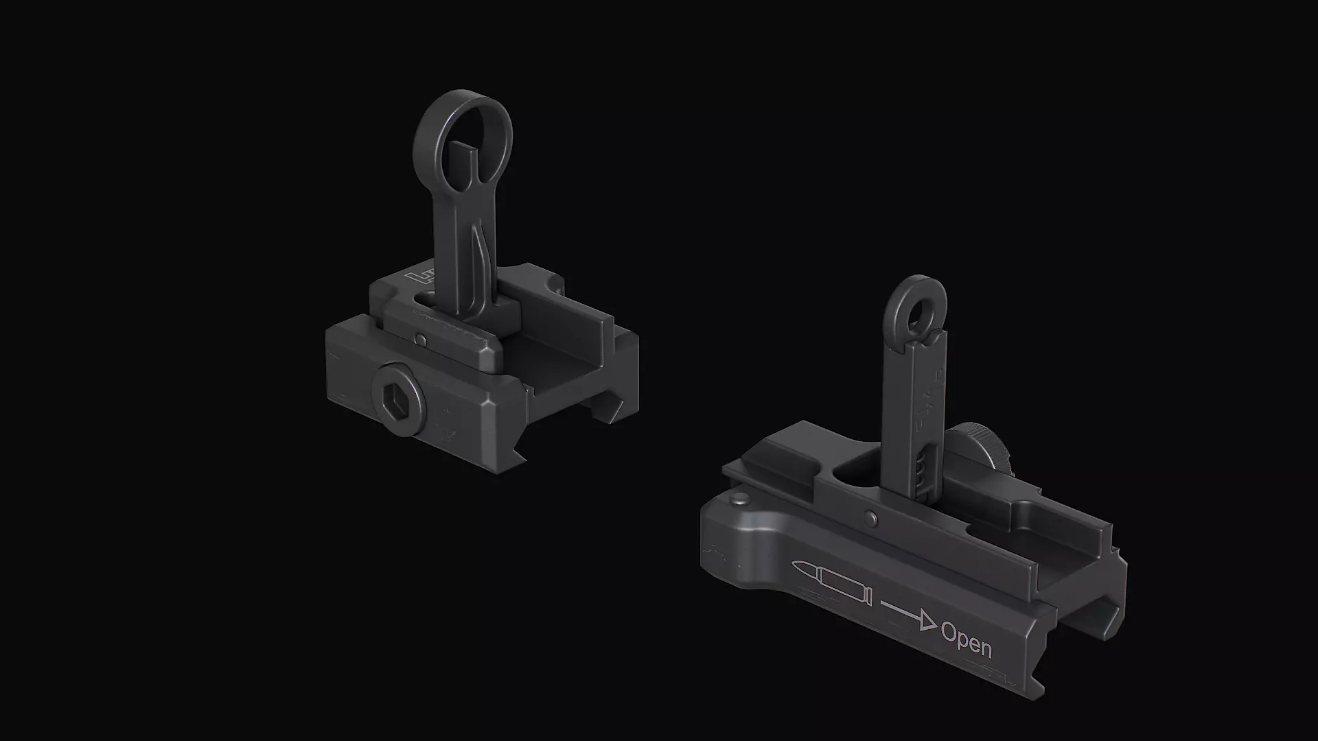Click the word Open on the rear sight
click(966, 641)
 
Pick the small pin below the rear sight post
click(870, 518)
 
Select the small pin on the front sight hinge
click(419, 338)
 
